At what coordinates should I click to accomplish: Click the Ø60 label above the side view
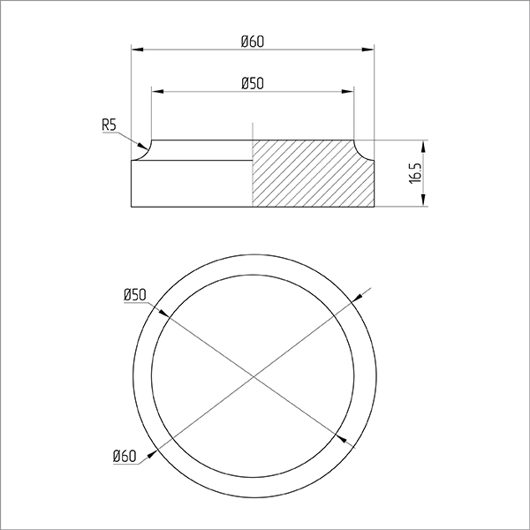coord(252,42)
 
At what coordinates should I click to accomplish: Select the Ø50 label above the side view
coord(252,84)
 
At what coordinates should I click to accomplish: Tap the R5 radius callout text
coord(109,125)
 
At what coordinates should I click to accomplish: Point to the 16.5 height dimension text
coord(416,173)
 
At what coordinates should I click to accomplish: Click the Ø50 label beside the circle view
coord(135,295)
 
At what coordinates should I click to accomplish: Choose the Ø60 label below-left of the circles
coord(125,457)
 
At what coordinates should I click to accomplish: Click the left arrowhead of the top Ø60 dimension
coord(137,49)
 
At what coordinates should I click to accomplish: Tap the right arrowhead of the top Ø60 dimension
coord(368,49)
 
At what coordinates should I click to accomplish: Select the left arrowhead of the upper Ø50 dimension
coord(157,92)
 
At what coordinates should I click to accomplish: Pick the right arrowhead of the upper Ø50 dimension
coord(348,92)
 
